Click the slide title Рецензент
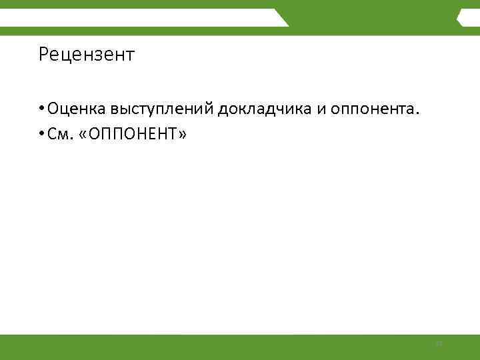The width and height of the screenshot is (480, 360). coord(87,54)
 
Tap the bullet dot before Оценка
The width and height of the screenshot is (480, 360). coord(41,109)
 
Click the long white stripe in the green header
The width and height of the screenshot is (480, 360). coord(133,17)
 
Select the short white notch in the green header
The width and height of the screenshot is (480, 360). coord(469,18)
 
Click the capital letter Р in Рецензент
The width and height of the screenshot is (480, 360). coord(43,54)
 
